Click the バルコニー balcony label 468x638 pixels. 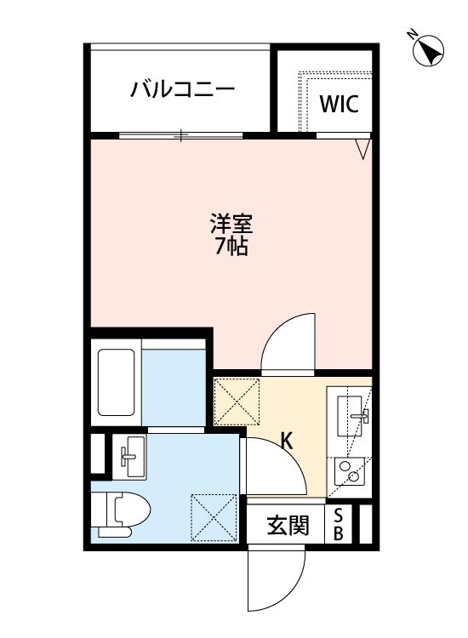click(x=182, y=88)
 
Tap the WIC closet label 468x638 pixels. click(x=339, y=104)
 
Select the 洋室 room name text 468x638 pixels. click(x=231, y=224)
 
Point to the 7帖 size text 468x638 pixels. click(x=231, y=246)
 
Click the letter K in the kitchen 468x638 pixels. click(x=288, y=441)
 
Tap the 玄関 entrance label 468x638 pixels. click(x=288, y=525)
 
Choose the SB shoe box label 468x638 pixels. click(x=338, y=525)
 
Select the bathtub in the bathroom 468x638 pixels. click(x=116, y=383)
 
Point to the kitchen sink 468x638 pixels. click(x=352, y=416)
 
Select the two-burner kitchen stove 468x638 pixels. click(x=350, y=471)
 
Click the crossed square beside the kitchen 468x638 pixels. click(x=237, y=402)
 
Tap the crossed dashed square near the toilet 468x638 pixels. click(x=214, y=517)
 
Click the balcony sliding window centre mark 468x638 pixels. click(x=181, y=135)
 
